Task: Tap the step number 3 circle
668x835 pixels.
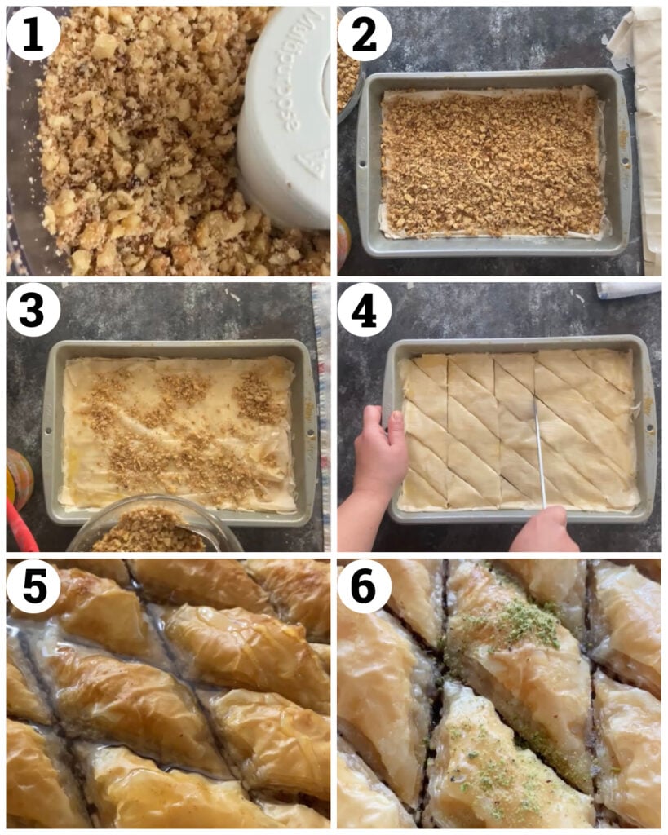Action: (33, 310)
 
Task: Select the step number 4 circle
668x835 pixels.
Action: (365, 310)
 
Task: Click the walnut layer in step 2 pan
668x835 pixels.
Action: (489, 163)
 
